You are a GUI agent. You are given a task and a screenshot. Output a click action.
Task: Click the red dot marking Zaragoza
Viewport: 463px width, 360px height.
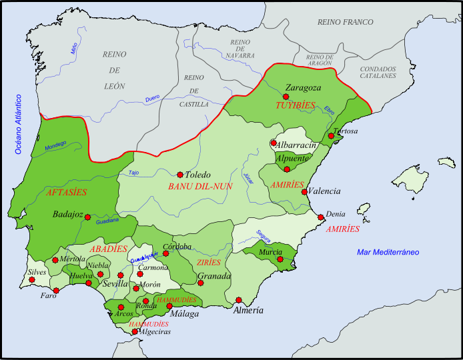(286, 97)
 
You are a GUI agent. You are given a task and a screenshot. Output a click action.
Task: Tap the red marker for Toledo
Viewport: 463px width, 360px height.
(179, 174)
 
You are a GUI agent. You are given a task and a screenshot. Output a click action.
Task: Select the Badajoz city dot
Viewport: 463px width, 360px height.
(87, 217)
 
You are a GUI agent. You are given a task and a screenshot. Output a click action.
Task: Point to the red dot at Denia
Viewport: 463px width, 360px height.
(321, 217)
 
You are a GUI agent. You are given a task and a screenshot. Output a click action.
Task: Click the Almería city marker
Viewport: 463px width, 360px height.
(238, 299)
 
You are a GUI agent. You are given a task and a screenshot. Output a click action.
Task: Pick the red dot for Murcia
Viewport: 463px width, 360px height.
(280, 259)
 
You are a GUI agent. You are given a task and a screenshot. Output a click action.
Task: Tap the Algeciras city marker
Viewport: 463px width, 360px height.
(135, 331)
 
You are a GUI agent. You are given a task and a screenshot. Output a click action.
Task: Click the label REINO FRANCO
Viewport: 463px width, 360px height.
(346, 22)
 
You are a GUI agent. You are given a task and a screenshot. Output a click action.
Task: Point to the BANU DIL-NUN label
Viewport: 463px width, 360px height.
(200, 187)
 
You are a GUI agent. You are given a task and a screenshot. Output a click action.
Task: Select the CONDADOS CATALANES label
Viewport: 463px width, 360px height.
(378, 72)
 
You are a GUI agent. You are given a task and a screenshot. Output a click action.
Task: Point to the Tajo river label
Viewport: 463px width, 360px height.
(133, 173)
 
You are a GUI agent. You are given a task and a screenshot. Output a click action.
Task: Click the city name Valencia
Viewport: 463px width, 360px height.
(324, 191)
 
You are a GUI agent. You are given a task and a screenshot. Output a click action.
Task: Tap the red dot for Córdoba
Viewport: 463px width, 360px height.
(166, 253)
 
